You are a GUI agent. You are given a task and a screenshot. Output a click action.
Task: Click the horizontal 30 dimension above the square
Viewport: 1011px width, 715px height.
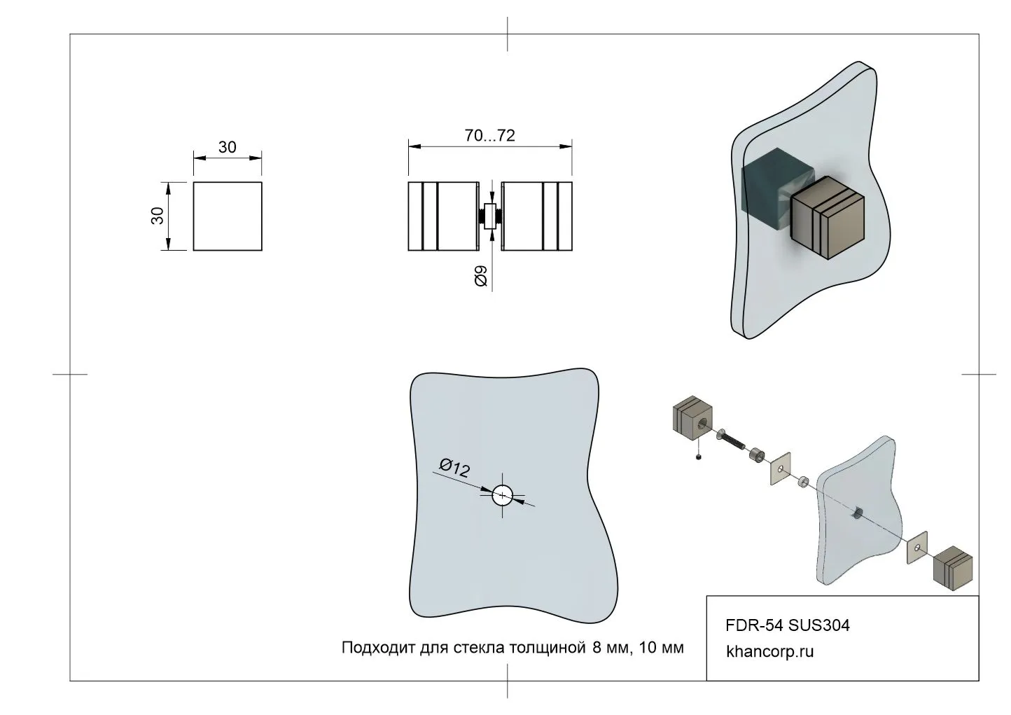(228, 148)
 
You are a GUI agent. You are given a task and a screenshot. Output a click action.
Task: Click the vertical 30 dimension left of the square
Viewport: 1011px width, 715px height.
(158, 216)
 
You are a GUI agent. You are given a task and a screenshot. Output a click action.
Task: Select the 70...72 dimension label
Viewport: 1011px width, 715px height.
(490, 136)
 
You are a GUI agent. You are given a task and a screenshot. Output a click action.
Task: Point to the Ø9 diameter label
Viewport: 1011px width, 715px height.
(481, 276)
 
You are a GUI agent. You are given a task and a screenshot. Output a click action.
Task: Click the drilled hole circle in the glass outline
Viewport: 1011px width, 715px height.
(502, 496)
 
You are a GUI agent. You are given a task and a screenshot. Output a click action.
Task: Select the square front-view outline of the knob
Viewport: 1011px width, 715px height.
(228, 216)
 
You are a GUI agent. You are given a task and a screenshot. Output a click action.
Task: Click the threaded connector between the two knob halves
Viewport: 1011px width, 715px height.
(490, 216)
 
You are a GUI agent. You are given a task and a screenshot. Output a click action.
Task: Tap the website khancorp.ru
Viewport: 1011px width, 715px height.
(770, 652)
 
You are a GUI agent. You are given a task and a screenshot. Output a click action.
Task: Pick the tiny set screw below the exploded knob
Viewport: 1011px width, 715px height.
(700, 458)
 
